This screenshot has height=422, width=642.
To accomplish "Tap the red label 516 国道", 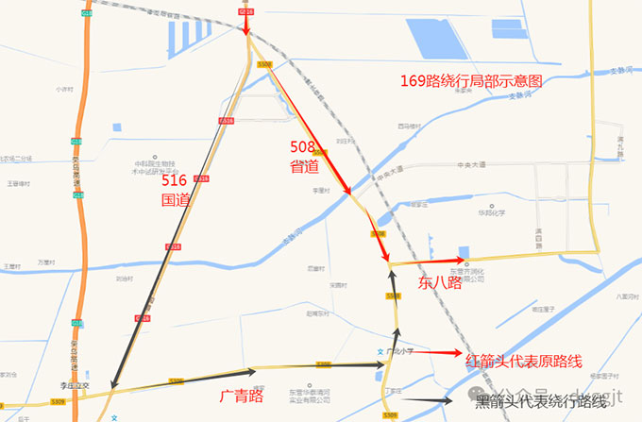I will (176, 190).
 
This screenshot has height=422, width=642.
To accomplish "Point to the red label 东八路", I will (440, 281).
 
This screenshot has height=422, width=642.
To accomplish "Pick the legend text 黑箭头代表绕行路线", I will (539, 401).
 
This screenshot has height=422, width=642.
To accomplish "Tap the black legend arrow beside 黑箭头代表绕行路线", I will (427, 400).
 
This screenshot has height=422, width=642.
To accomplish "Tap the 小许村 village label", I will (63, 91).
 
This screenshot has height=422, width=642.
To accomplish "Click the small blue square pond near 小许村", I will (116, 127).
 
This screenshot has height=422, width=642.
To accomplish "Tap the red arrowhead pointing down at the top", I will (247, 30).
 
